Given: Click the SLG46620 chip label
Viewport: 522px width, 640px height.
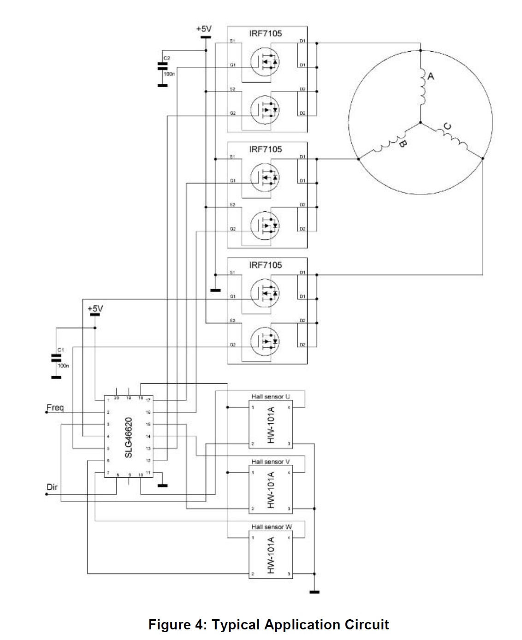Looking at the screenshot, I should pos(129,438).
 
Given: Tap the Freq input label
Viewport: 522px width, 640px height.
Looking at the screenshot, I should pos(55,408).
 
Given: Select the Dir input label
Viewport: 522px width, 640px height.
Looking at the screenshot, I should pos(52,487).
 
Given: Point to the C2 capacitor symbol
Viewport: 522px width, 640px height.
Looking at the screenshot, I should pos(162,66).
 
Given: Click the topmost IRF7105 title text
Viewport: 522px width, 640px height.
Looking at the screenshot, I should pos(265,34).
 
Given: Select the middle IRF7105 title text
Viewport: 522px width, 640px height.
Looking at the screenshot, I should pos(265,149).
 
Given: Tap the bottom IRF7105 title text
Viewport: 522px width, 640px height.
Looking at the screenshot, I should pos(265,265).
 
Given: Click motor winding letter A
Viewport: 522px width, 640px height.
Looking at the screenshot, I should pos(431,76).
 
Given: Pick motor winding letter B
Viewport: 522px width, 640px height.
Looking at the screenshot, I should pos(402,143).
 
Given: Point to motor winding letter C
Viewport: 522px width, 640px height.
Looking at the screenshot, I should pos(447,126).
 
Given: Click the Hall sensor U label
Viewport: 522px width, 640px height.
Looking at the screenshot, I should pos(271,397).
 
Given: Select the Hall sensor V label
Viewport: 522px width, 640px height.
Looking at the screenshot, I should pos(271,462).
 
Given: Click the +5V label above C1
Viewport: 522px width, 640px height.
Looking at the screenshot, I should pos(95,308).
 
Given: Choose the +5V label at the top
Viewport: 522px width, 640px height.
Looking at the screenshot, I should pos(204,29).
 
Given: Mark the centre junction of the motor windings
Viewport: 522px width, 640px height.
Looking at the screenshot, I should pos(420,123).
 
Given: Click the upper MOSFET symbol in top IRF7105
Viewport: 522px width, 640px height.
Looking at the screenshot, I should pos(265,61).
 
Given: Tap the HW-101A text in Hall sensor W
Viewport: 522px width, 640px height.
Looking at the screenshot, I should pos(271,555).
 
